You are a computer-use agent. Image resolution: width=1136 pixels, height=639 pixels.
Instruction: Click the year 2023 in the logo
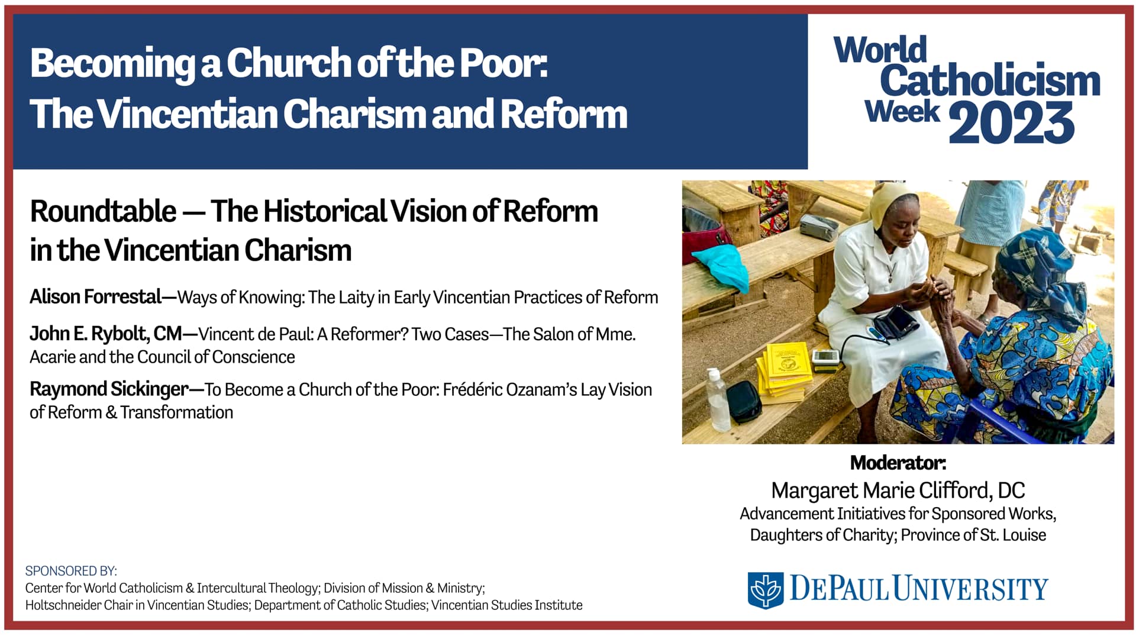(x=1011, y=122)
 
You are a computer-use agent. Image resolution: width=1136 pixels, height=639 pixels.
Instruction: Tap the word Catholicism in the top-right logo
(x=990, y=81)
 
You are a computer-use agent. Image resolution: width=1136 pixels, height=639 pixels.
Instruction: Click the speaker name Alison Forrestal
(x=95, y=296)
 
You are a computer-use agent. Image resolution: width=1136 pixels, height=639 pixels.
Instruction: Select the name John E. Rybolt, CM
(x=106, y=334)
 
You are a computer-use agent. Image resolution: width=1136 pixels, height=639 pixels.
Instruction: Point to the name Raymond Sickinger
(x=109, y=389)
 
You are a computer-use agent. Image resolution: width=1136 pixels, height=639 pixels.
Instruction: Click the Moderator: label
(x=898, y=463)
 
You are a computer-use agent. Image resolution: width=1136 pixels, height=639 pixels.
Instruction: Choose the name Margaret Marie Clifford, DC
(x=898, y=490)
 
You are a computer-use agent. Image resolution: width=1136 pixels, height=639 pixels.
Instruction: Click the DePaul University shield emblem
(x=765, y=589)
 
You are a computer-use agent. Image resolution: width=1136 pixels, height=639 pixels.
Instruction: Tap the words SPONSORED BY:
(x=71, y=571)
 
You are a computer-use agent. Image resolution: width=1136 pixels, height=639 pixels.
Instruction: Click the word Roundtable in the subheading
(x=103, y=211)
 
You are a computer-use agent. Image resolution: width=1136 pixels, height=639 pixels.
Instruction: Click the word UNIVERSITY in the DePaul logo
(x=970, y=589)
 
